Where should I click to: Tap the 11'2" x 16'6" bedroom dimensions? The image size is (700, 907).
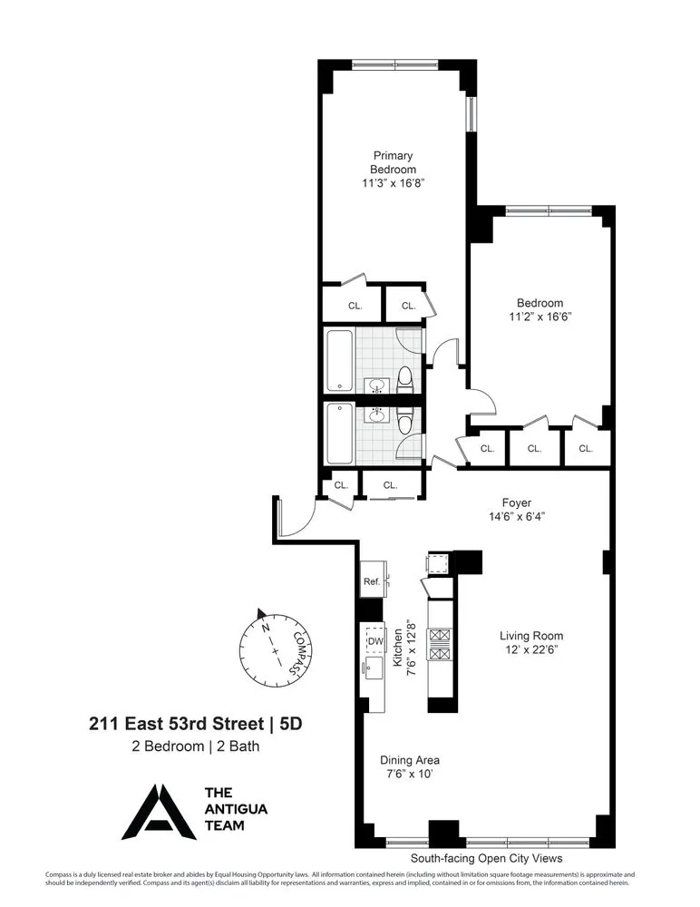[540, 317]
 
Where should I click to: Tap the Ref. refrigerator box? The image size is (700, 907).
[372, 581]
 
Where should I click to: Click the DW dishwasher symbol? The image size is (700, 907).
[375, 641]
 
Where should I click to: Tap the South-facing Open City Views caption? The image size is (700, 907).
[486, 857]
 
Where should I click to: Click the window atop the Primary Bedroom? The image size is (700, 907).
[394, 64]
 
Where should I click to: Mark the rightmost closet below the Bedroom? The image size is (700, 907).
[586, 448]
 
